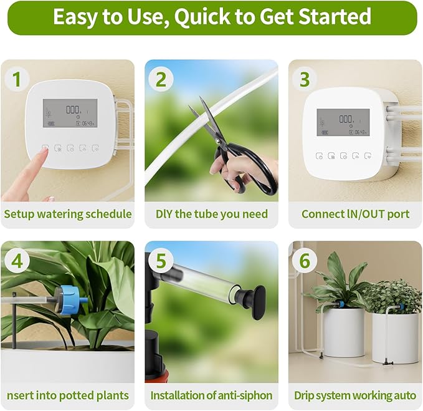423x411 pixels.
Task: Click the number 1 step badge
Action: [x=16, y=79]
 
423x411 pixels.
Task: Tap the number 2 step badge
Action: [x=161, y=79]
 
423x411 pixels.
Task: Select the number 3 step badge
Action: [x=305, y=79]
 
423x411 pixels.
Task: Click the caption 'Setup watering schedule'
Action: [x=67, y=214]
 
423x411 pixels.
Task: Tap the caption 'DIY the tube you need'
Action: [x=212, y=214]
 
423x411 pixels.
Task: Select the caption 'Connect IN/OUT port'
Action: [x=355, y=214]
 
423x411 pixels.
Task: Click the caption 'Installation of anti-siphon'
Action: [x=212, y=395]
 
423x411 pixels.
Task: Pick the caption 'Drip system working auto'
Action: [x=355, y=395]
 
